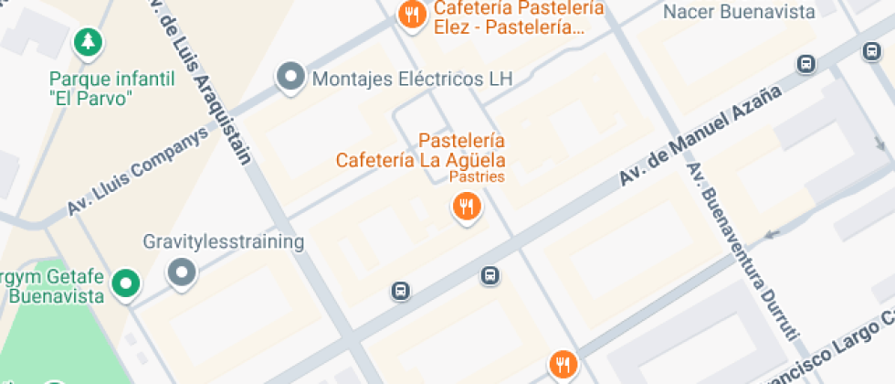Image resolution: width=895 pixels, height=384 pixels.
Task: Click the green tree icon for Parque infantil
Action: point(88,41)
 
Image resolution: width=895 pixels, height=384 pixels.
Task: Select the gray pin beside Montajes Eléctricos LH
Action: point(290,78)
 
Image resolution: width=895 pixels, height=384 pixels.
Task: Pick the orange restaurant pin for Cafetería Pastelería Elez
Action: point(413,16)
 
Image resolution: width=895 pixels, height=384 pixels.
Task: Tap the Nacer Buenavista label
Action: point(738,12)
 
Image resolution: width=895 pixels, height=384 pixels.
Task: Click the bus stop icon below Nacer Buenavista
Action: point(806,64)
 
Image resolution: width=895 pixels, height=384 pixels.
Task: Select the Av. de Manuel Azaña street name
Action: point(702,137)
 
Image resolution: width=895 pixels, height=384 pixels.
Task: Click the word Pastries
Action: point(477,176)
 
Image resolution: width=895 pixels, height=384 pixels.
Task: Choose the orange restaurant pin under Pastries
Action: point(467,206)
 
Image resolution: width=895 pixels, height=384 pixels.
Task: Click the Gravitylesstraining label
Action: point(223,242)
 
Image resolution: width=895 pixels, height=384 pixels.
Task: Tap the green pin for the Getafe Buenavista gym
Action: point(126,284)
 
